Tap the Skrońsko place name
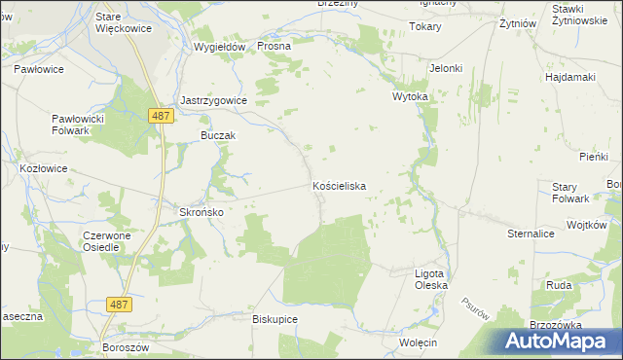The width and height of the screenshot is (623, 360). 202,212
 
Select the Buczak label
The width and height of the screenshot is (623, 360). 218,135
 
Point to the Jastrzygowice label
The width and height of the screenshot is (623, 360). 214,100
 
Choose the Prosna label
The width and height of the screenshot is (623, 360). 275,46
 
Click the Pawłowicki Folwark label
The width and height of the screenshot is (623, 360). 77,125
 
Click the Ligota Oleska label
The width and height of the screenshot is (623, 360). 430,279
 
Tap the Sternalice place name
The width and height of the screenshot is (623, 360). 531,234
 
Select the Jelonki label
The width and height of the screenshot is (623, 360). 446,68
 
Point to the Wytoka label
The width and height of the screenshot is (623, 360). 410,98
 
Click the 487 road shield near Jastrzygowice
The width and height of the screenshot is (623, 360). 163,116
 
